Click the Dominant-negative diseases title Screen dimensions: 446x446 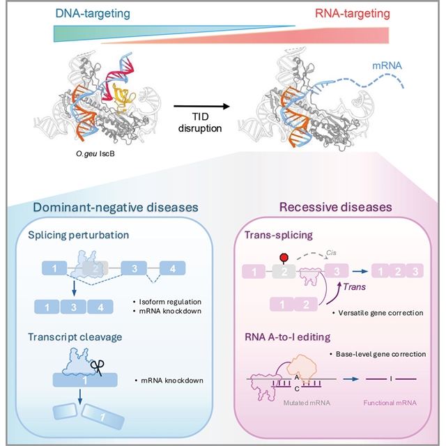tap(113, 207)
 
